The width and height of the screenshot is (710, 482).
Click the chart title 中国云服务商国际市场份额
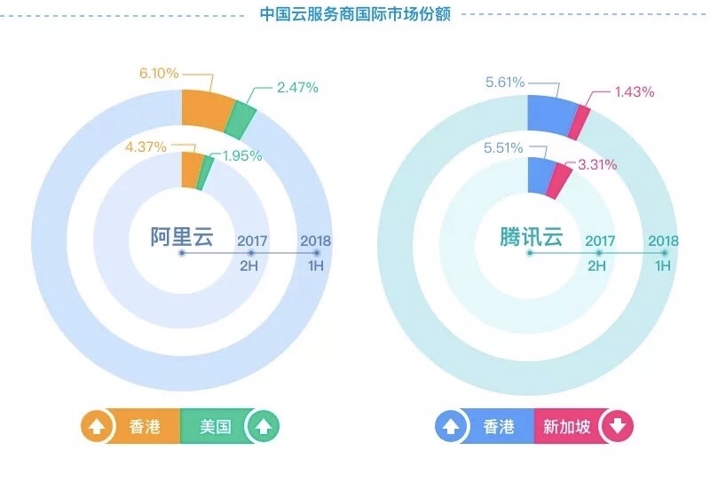(355, 14)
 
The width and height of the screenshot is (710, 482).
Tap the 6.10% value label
(158, 71)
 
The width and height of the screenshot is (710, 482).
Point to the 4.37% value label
(146, 147)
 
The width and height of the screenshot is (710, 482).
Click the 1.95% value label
(241, 156)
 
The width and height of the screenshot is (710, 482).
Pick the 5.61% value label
(504, 83)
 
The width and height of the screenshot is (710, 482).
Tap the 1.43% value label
(634, 91)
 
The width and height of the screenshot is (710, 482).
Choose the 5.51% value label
(504, 147)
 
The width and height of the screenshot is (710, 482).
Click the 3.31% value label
(596, 164)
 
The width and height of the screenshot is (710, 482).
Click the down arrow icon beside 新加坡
(618, 427)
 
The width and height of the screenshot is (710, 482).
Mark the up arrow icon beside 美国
(262, 427)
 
